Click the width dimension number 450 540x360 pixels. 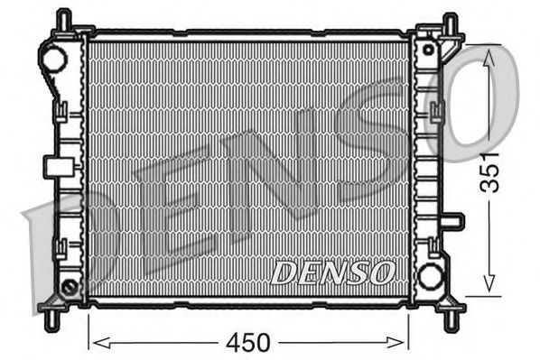[248, 342]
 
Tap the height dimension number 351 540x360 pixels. [490, 172]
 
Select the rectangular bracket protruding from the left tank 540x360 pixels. [56, 166]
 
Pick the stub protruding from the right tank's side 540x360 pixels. [453, 221]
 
